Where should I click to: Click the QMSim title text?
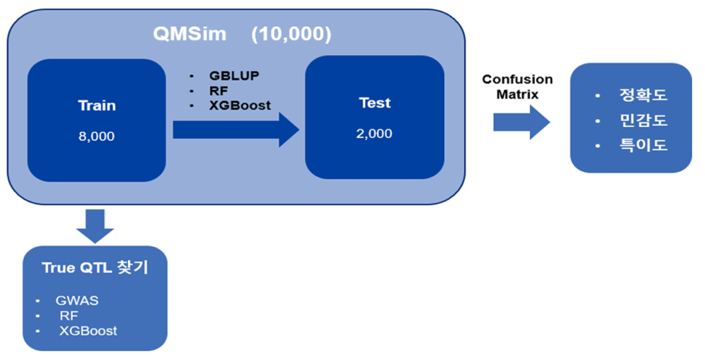click(x=190, y=34)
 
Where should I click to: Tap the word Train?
click(x=96, y=105)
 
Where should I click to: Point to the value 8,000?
click(x=96, y=136)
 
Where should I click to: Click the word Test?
click(x=375, y=103)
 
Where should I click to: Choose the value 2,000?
click(x=374, y=133)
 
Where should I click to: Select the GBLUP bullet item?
click(x=234, y=76)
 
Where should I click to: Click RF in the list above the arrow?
click(x=218, y=91)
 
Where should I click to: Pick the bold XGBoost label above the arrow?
click(x=240, y=105)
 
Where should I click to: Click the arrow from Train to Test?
click(x=236, y=130)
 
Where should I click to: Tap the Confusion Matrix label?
click(x=518, y=87)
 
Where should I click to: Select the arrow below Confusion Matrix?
click(x=522, y=122)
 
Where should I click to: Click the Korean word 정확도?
click(x=644, y=95)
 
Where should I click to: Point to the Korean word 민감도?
click(x=644, y=120)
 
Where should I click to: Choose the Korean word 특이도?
click(x=644, y=145)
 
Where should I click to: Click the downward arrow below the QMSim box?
click(x=95, y=226)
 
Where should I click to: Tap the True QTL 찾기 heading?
click(x=95, y=267)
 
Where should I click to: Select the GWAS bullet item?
click(x=77, y=300)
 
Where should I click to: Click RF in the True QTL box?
click(x=69, y=316)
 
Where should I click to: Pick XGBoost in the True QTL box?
click(x=88, y=331)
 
